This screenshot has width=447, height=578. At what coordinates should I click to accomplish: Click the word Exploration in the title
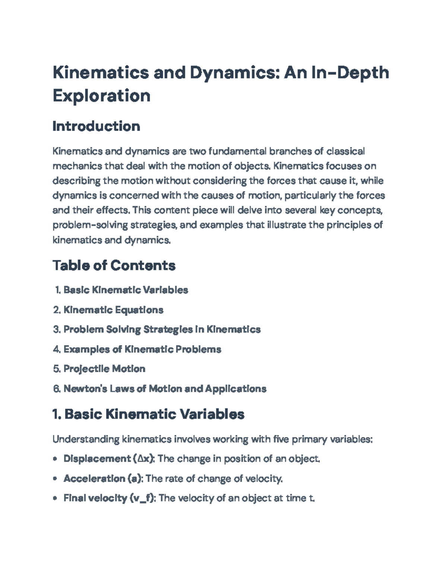(x=101, y=96)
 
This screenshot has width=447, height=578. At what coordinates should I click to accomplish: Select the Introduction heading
(x=96, y=126)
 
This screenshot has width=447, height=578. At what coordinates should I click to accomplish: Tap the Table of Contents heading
(x=114, y=265)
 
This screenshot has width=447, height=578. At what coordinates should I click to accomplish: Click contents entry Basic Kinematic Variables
(x=126, y=290)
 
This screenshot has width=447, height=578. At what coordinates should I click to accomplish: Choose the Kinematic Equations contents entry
(x=113, y=310)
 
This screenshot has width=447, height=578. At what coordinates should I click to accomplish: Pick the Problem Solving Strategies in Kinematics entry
(x=162, y=329)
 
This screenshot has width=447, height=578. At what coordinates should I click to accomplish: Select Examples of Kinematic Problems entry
(x=142, y=349)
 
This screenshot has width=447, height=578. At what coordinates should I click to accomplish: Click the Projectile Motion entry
(x=104, y=369)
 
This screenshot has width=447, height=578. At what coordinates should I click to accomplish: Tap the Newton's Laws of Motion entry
(x=165, y=389)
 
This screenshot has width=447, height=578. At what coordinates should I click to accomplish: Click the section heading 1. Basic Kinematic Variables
(x=148, y=414)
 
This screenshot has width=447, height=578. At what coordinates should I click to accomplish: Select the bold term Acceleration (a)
(x=103, y=478)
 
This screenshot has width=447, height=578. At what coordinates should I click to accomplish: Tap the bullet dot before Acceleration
(x=55, y=479)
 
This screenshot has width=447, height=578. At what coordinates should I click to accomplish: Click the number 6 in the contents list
(x=56, y=389)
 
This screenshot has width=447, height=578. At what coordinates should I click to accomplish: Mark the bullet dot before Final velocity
(x=55, y=498)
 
